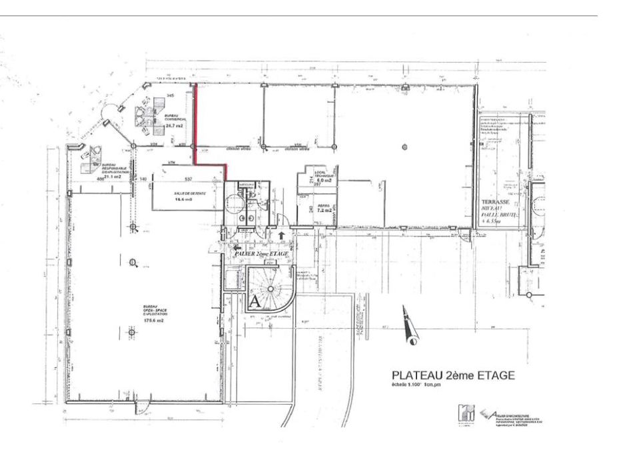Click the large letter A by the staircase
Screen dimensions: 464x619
pos(254,301)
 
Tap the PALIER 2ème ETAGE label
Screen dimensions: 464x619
pos(254,253)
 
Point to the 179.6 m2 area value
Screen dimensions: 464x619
pos(153,320)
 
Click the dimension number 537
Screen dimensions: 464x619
pos(188,179)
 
